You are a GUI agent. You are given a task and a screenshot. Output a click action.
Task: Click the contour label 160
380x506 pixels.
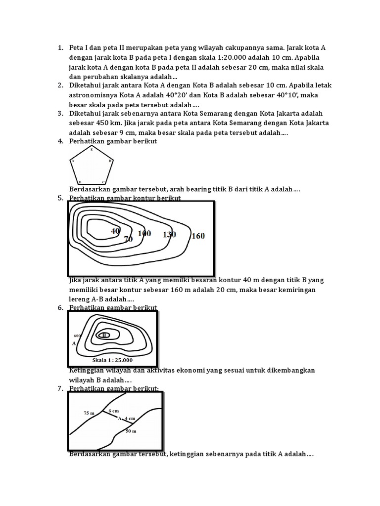pos(197,236)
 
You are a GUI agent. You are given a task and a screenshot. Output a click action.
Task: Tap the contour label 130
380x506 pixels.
pos(169,234)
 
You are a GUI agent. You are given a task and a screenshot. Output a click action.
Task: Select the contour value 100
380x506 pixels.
pos(144,233)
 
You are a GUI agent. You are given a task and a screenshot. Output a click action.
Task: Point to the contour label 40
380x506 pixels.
pos(116,231)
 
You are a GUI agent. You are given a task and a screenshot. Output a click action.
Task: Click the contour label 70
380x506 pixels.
pos(128,239)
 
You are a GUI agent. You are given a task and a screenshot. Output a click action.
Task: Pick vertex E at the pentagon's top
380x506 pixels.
pos(92,149)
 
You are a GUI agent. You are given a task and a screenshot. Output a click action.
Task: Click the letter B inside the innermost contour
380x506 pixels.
pos(104,335)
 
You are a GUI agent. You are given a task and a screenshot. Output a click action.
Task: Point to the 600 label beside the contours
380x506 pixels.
pos(77,336)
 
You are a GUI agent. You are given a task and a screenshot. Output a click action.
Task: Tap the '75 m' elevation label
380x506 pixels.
pos(89,412)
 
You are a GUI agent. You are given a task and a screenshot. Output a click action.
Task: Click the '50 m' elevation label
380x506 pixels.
pos(131,431)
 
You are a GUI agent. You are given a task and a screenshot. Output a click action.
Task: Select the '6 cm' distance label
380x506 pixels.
pos(113,411)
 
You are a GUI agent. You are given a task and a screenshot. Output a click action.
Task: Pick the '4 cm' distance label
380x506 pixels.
pos(130,419)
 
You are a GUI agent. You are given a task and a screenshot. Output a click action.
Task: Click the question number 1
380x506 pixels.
pos(60,48)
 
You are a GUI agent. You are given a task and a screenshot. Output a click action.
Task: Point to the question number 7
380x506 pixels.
pos(60,388)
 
